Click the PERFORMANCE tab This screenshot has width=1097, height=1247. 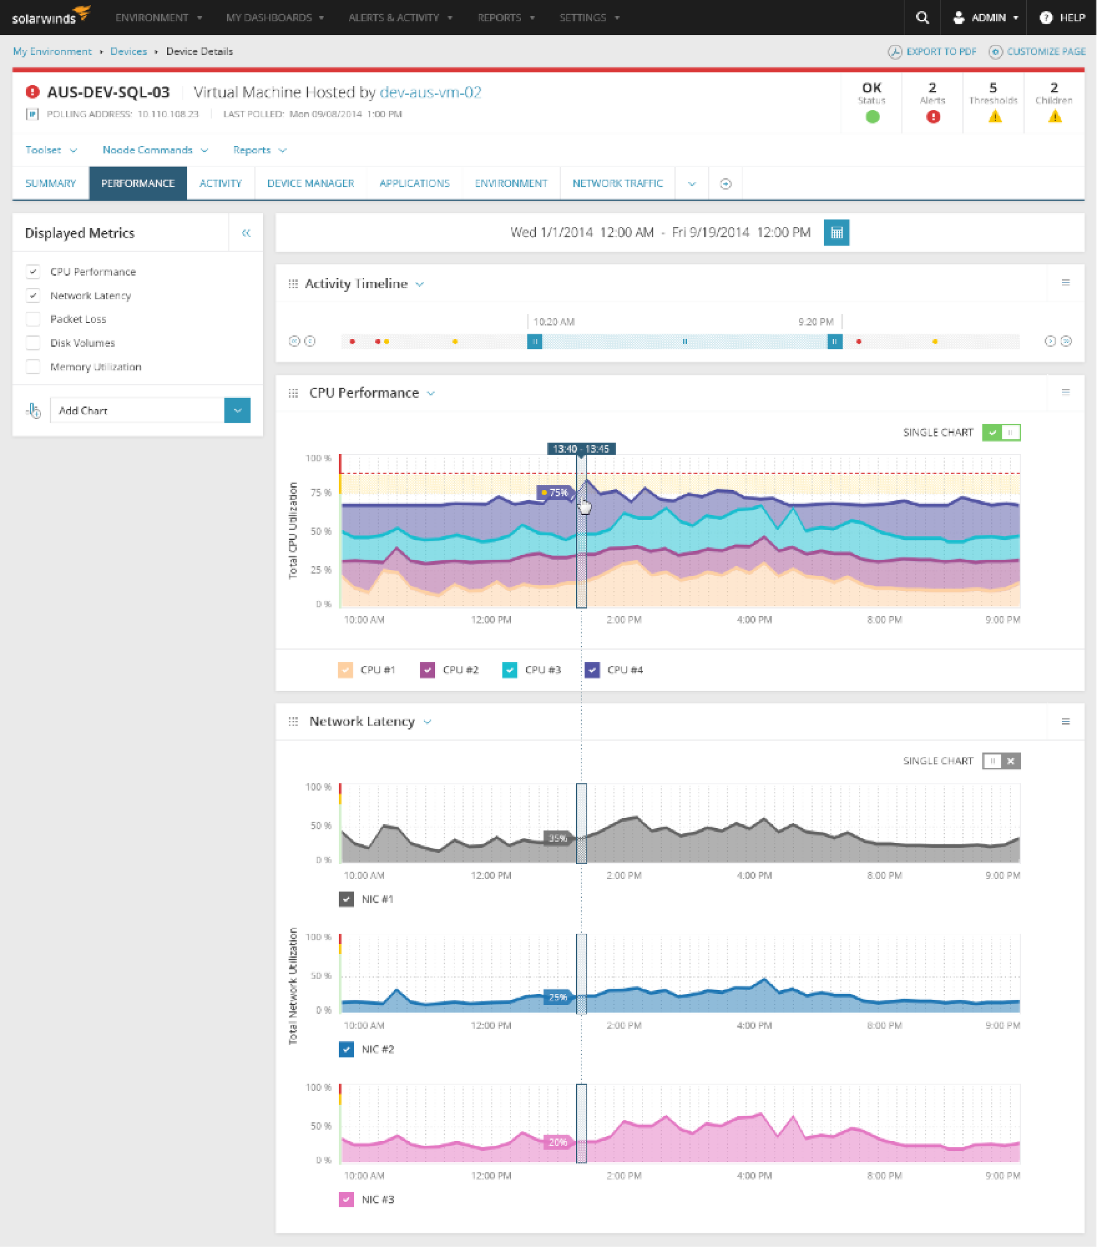pos(138,183)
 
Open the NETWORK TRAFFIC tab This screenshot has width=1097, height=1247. pos(617,183)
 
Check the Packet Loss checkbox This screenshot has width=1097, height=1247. pos(33,319)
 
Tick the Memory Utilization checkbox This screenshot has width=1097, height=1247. pos(33,367)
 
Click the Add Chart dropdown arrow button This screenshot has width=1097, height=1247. pos(237,410)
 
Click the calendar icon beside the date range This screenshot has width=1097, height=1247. pos(836,233)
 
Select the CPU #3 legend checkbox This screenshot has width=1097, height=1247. pos(509,670)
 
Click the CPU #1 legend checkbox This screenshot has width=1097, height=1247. pos(345,670)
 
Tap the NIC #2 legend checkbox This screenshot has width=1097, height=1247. pos(346,1049)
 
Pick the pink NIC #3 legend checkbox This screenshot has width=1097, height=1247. pos(346,1200)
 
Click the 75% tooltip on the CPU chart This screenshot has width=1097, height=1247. pos(555,492)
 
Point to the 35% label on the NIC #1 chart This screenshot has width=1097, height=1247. pos(557,838)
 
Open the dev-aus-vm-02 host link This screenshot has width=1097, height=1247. pos(430,92)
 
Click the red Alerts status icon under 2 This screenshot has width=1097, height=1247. pos(932,116)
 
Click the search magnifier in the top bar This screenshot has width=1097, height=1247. pos(922,17)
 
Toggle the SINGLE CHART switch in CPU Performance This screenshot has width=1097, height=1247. pos(1000,432)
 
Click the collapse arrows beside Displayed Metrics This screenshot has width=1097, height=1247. pos(246,233)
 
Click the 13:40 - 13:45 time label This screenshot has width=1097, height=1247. pos(581,449)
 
